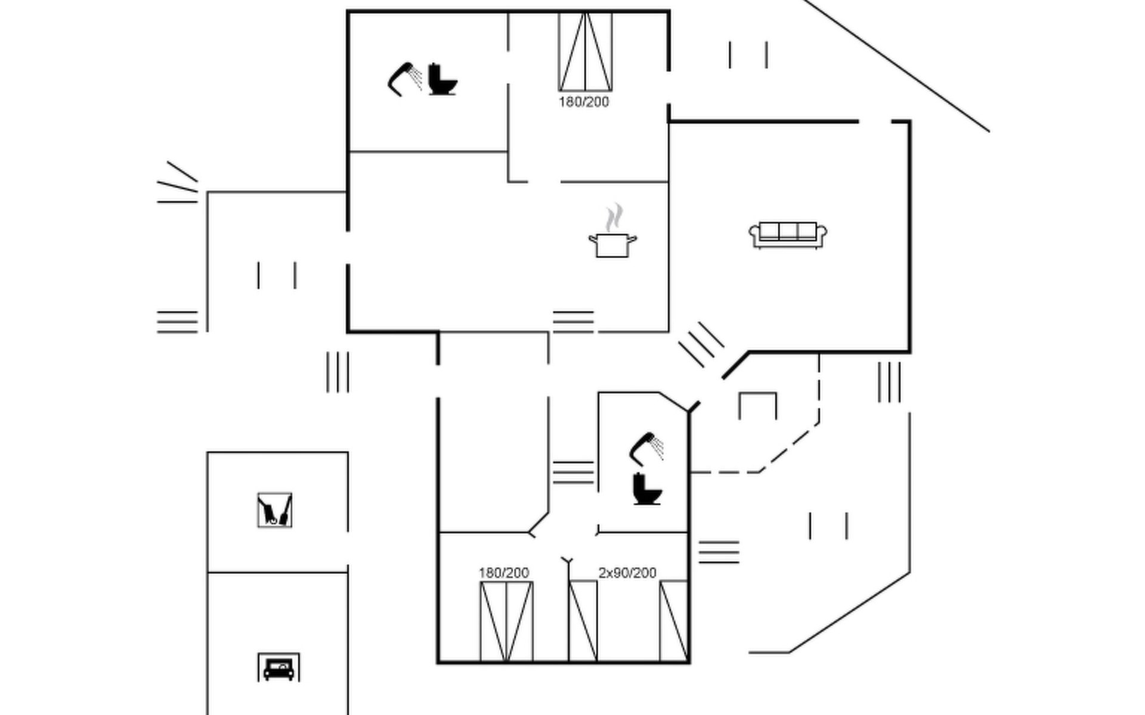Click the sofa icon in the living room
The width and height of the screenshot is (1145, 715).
[x=788, y=235]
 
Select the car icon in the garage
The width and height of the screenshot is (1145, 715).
[x=278, y=667]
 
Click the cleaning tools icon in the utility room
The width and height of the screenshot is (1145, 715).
[x=275, y=510]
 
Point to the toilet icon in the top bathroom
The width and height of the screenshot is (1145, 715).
[x=442, y=79]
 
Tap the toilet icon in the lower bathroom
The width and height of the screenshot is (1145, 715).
[x=647, y=489]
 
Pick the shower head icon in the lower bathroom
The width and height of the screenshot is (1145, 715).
[x=646, y=449]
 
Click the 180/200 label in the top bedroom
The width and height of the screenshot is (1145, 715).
[x=584, y=102]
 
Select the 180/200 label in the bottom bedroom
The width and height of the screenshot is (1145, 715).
[x=503, y=573]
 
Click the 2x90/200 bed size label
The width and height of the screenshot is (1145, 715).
[x=627, y=573]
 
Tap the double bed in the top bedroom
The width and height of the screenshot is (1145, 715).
[x=585, y=51]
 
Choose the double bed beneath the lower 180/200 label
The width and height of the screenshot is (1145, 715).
[x=506, y=621]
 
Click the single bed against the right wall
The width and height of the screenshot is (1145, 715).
[x=674, y=621]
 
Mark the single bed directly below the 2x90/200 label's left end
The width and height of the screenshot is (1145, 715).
[x=583, y=621]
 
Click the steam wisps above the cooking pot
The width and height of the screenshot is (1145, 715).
[x=614, y=217]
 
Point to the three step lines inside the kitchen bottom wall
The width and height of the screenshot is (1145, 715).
[x=573, y=321]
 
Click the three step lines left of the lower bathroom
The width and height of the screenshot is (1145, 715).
[x=573, y=472]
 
